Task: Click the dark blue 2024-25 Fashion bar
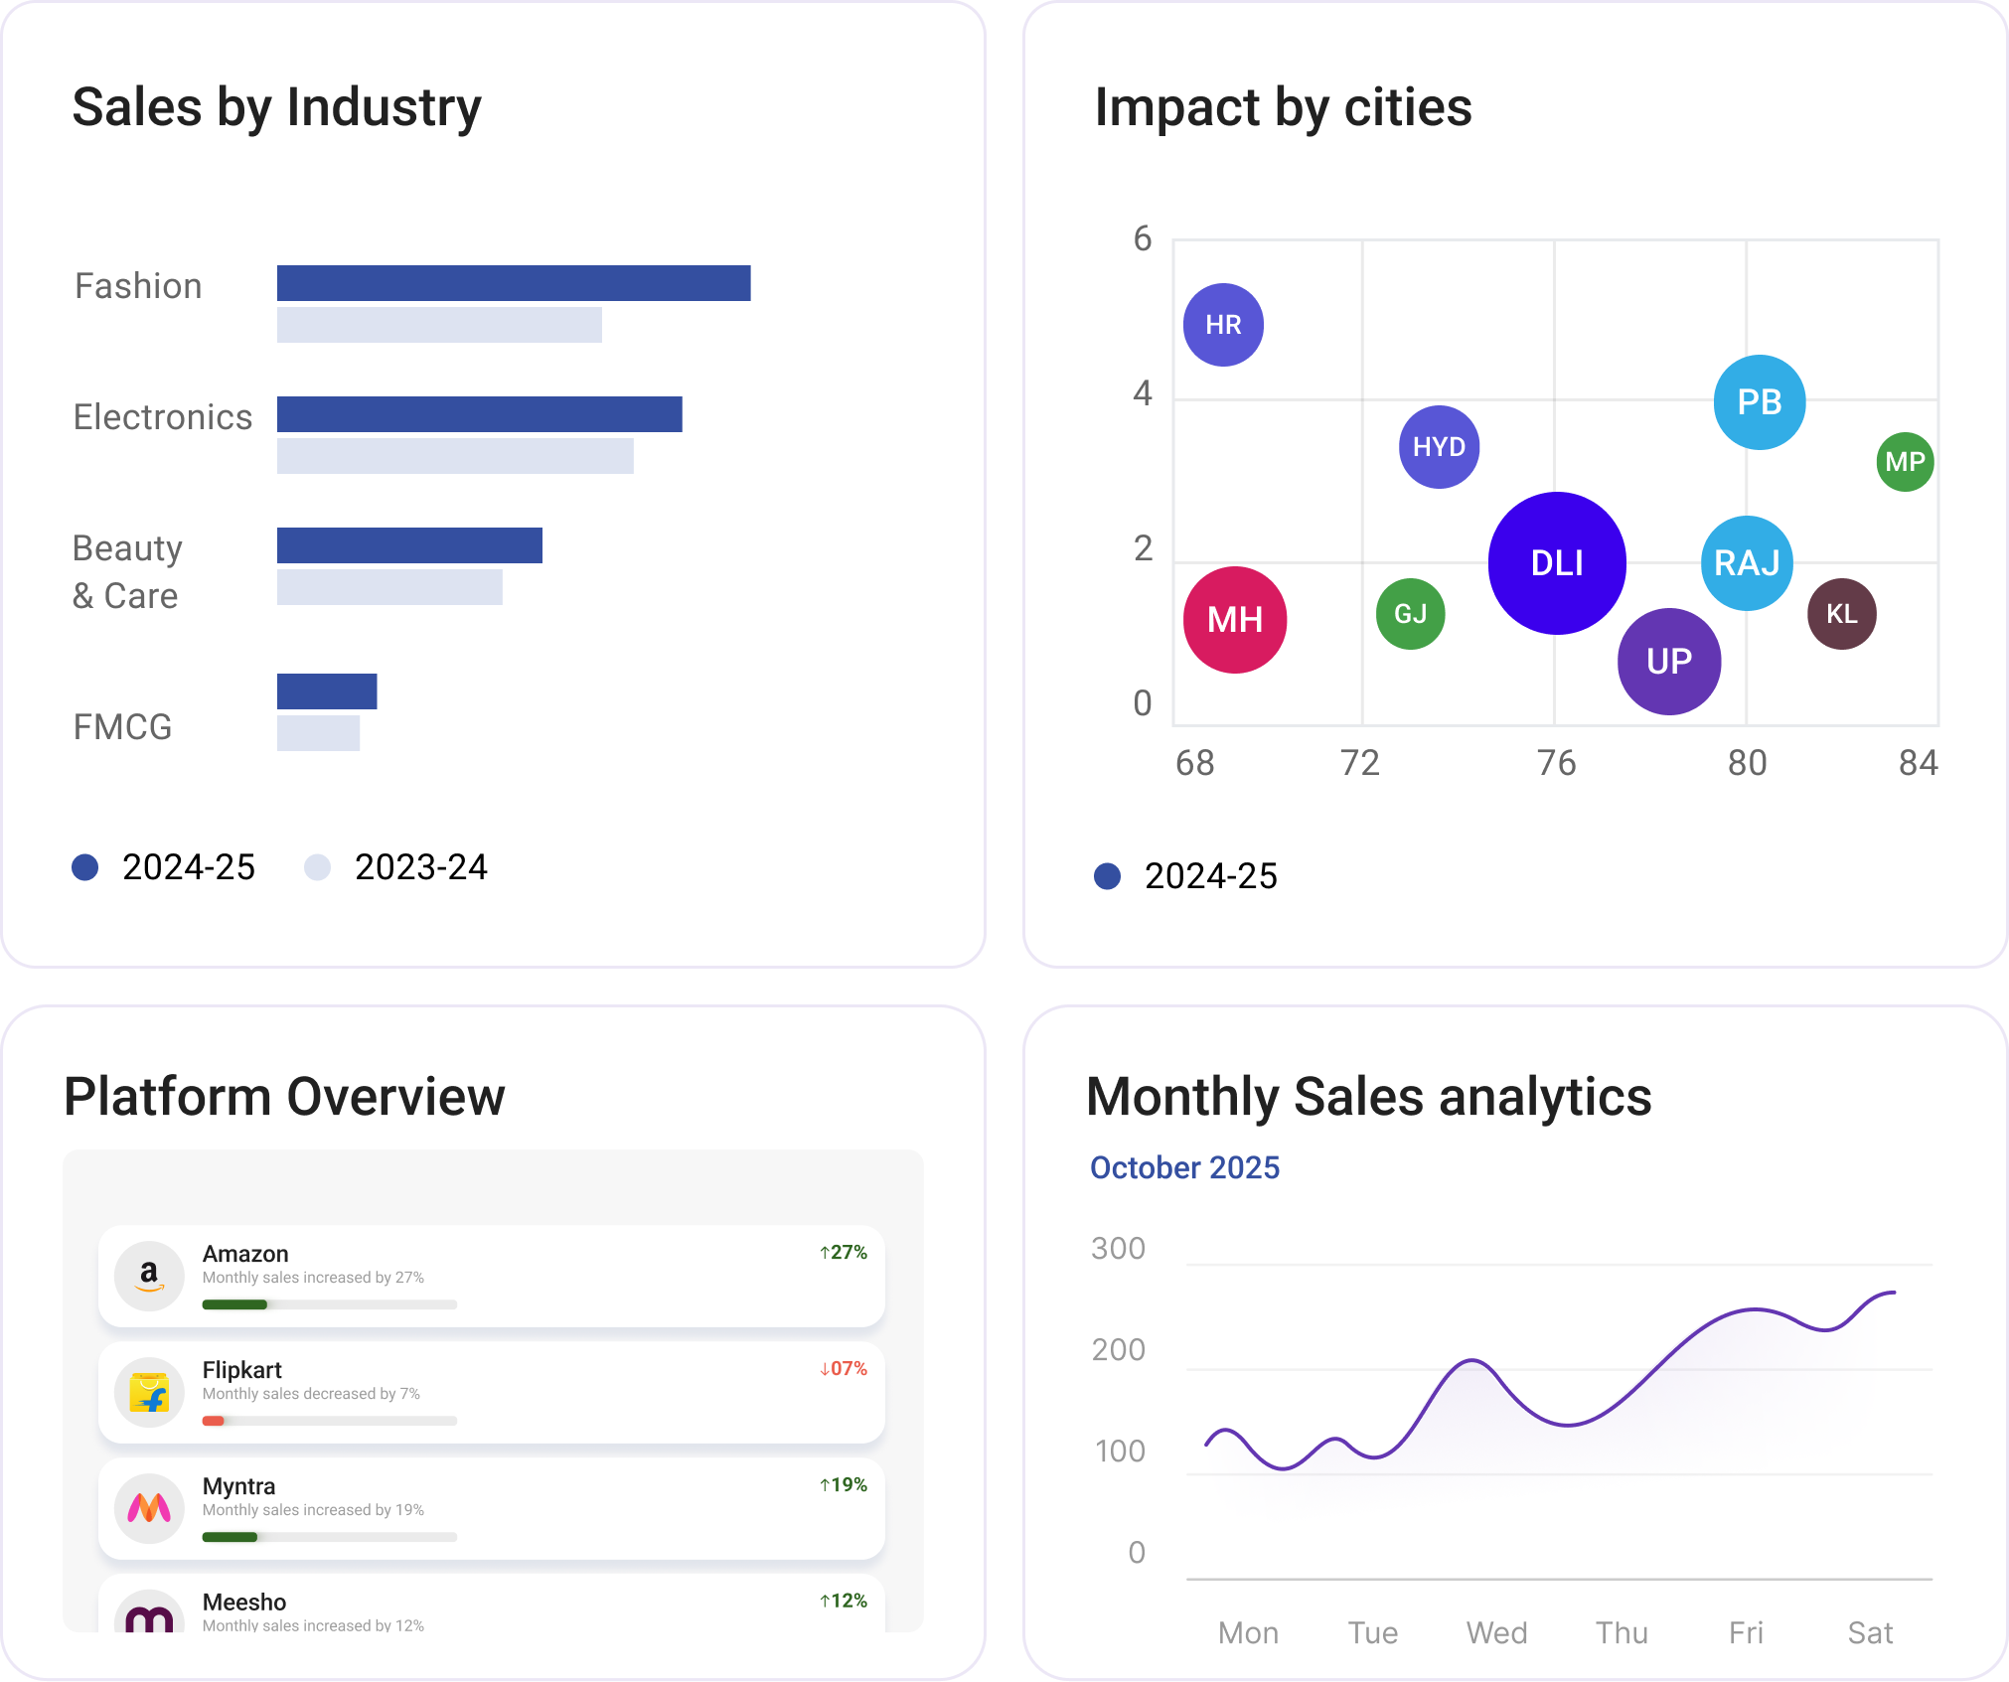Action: coord(513,283)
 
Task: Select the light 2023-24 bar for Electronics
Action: coord(454,456)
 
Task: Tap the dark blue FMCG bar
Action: coord(327,691)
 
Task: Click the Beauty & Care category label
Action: coord(127,572)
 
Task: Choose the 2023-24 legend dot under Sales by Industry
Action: coord(317,867)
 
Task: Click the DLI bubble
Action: coord(1556,563)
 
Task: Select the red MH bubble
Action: coord(1234,620)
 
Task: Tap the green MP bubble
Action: coord(1904,462)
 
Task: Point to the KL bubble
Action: coord(1841,614)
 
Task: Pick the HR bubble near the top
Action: coord(1223,325)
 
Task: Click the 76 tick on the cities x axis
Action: coord(1556,763)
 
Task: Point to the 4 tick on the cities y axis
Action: coord(1143,393)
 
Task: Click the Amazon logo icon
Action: coord(149,1276)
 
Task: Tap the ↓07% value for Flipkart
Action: coord(843,1368)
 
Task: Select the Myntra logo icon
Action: coord(149,1508)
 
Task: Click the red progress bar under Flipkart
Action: coord(214,1421)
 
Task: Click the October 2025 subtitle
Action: coord(1184,1167)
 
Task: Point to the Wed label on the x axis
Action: coord(1496,1632)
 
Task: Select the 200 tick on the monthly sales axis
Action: coord(1118,1350)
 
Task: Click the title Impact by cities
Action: coord(1283,107)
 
